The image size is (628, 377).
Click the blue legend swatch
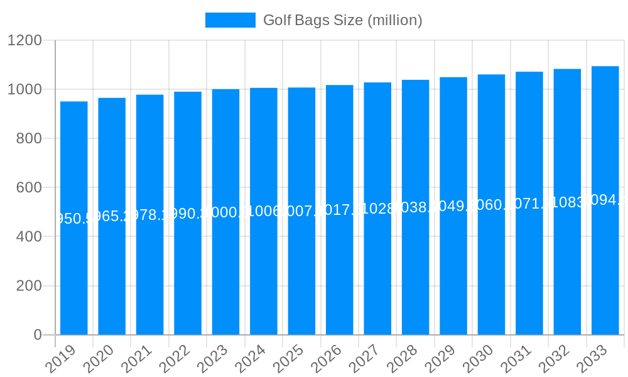pyautogui.click(x=230, y=20)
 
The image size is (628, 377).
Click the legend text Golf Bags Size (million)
pyautogui.click(x=342, y=20)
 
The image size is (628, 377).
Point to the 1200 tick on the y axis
pyautogui.click(x=24, y=41)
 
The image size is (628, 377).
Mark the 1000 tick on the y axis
pyautogui.click(x=24, y=90)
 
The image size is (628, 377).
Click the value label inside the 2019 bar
pyautogui.click(x=74, y=219)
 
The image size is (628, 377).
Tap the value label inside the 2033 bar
pyautogui.click(x=605, y=200)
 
